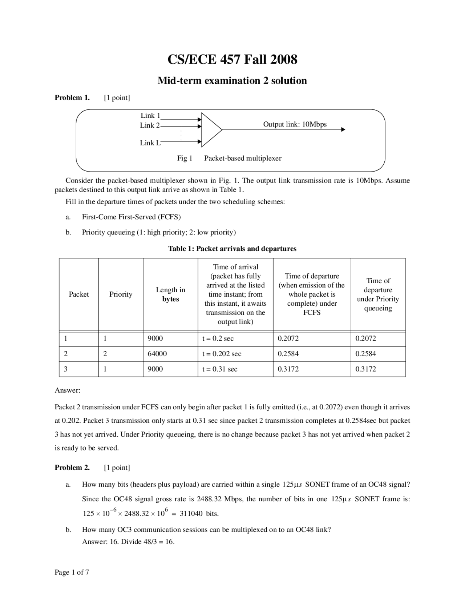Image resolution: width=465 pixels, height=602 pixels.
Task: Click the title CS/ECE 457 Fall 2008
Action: [x=232, y=59]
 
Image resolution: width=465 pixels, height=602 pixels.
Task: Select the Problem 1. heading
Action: [x=72, y=97]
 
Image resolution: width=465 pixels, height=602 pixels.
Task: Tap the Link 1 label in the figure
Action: [x=150, y=115]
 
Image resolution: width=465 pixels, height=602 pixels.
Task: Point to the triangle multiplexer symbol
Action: [x=210, y=129]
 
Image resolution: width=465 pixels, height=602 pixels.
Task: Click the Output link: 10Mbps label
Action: [x=295, y=124]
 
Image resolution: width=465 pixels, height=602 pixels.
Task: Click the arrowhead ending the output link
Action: [x=343, y=129]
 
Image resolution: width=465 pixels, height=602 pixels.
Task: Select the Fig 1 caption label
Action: [x=185, y=158]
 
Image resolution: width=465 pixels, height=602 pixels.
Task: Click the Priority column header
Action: [x=121, y=294]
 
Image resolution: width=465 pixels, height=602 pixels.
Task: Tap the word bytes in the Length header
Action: [x=170, y=299]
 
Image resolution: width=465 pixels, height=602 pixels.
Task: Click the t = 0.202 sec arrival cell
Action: [x=222, y=354]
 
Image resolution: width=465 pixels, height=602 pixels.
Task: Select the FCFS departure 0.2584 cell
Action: [x=288, y=354]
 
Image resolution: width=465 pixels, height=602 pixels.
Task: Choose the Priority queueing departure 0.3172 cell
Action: [x=365, y=369]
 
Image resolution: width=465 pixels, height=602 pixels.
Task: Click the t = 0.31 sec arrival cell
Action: [x=219, y=369]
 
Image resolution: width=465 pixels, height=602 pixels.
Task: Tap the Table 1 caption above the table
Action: [x=232, y=249]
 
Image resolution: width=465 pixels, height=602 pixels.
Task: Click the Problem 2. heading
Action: [x=72, y=467]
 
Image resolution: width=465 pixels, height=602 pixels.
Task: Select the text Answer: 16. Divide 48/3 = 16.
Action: [x=128, y=542]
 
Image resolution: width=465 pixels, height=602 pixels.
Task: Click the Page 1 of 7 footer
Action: [x=72, y=573]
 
